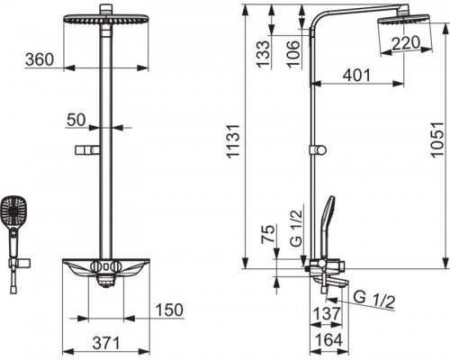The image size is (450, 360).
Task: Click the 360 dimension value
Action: pos(40,59)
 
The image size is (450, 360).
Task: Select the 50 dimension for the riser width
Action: pos(76,120)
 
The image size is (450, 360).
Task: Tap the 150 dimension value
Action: pos(169,310)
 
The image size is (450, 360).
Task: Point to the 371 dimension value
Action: pos(106,343)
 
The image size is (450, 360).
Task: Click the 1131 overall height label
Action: pos(233,140)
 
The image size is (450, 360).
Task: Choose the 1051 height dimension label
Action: pos(436,139)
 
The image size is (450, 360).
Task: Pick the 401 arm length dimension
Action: pos(356,75)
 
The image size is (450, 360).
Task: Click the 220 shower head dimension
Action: pos(406,43)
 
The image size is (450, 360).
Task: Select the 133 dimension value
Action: pos(263,53)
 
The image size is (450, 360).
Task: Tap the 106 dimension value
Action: pos(292,53)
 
